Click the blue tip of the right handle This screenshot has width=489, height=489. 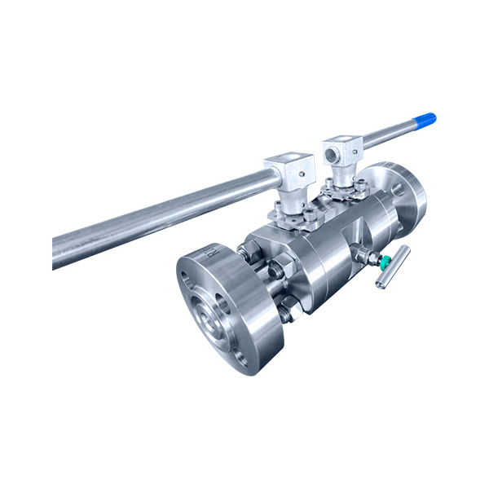coord(426,120)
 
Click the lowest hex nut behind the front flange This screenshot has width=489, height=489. coord(286,311)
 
